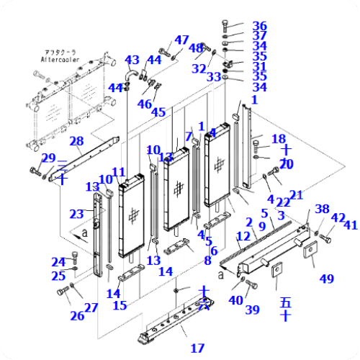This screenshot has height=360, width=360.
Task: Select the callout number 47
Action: pos(181,40)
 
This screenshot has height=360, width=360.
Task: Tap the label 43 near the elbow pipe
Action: pos(132,60)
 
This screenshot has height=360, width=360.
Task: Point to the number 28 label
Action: pos(76,140)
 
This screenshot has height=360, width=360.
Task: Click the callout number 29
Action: pos(48,158)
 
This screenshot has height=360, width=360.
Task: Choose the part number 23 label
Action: pos(77,213)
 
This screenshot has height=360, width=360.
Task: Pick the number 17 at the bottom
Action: pos(197,348)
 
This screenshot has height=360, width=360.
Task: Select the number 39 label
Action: pos(252,310)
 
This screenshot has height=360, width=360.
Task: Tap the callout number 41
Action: pos(351,225)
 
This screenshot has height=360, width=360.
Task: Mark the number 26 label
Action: pos(77,315)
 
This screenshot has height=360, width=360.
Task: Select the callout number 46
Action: pos(144,104)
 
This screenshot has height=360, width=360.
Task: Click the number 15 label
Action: pos(120,305)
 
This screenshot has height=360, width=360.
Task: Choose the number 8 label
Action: pos(207,261)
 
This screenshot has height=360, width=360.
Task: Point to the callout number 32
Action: pos(199,68)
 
